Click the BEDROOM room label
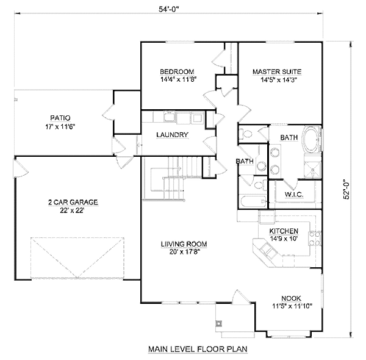coord(178,71)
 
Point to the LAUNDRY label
coord(171,135)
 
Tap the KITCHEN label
coord(284,231)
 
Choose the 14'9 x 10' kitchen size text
coord(283,239)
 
